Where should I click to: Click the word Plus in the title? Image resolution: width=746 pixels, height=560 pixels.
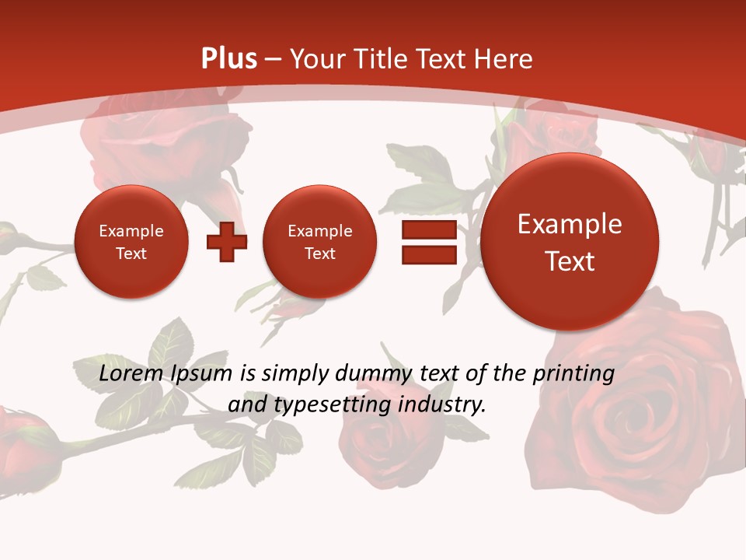pyautogui.click(x=228, y=59)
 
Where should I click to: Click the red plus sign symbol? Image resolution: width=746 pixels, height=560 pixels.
pyautogui.click(x=227, y=241)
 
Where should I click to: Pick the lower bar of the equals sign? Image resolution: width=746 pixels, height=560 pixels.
pyautogui.click(x=429, y=254)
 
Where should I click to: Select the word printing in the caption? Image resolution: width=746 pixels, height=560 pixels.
pyautogui.click(x=573, y=373)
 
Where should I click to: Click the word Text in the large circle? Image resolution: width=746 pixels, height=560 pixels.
pyautogui.click(x=570, y=261)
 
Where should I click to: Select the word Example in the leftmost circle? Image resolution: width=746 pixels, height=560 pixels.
pyautogui.click(x=131, y=231)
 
